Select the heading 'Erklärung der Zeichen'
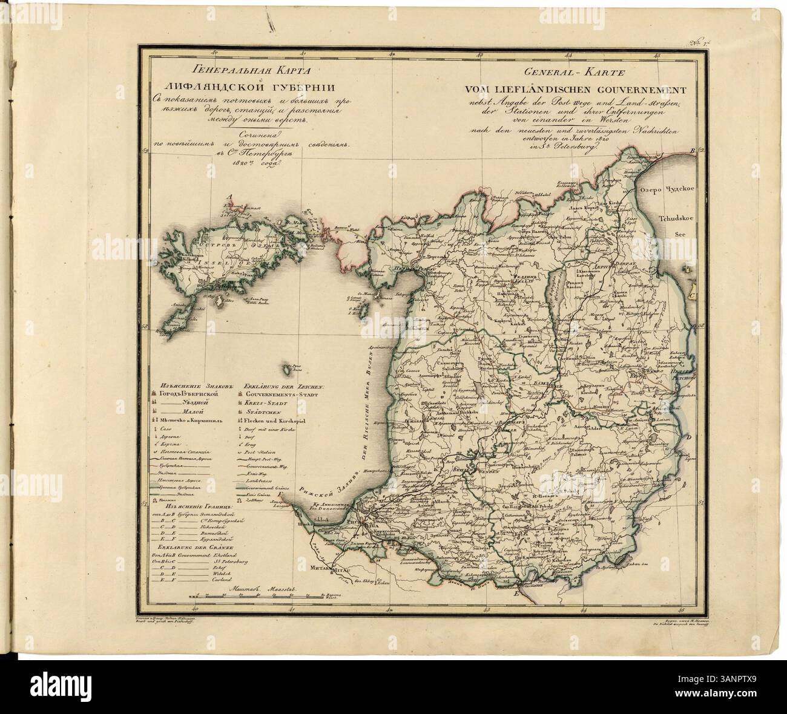point(284,384)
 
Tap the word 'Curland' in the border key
point(223,579)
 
